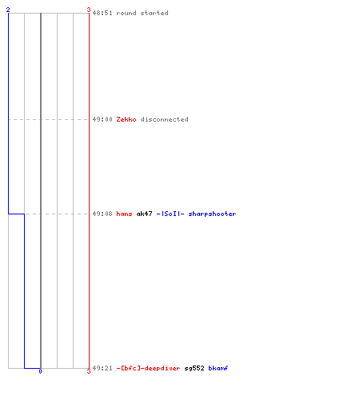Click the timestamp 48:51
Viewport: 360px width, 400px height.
coord(102,13)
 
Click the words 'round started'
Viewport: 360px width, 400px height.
coord(142,13)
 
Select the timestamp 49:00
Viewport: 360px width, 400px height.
coord(102,119)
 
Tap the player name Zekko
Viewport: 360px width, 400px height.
coord(126,119)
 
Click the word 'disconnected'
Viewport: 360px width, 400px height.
coord(165,119)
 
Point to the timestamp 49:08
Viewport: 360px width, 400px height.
coord(102,214)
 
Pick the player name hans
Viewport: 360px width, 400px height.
coord(124,214)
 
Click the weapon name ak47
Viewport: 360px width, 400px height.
coord(144,214)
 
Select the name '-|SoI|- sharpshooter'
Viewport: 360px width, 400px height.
coord(196,214)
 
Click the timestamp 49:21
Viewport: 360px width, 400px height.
coord(102,368)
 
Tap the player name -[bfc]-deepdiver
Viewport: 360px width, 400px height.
coord(148,368)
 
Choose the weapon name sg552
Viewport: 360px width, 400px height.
coord(194,368)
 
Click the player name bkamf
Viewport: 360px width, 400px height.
coord(218,368)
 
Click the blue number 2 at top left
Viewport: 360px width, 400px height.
coord(8,10)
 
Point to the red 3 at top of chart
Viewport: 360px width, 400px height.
coord(89,10)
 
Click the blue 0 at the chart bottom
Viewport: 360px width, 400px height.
coord(40,371)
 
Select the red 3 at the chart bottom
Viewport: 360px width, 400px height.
coord(89,371)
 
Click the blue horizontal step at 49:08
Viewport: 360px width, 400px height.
coord(16,214)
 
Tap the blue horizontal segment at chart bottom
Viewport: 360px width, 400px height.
coord(32,368)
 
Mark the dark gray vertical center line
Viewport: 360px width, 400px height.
coord(41,190)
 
